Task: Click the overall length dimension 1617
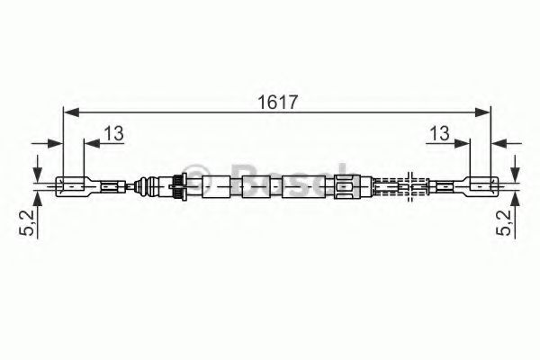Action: pyautogui.click(x=277, y=103)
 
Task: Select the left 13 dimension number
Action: pyautogui.click(x=114, y=133)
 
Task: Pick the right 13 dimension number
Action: pyautogui.click(x=439, y=133)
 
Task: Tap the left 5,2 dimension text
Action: pyautogui.click(x=27, y=222)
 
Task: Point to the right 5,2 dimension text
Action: pyautogui.click(x=504, y=222)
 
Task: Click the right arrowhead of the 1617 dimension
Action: pyautogui.click(x=481, y=112)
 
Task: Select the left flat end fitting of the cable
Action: pyautogui.click(x=74, y=186)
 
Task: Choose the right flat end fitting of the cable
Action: pyautogui.click(x=481, y=186)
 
